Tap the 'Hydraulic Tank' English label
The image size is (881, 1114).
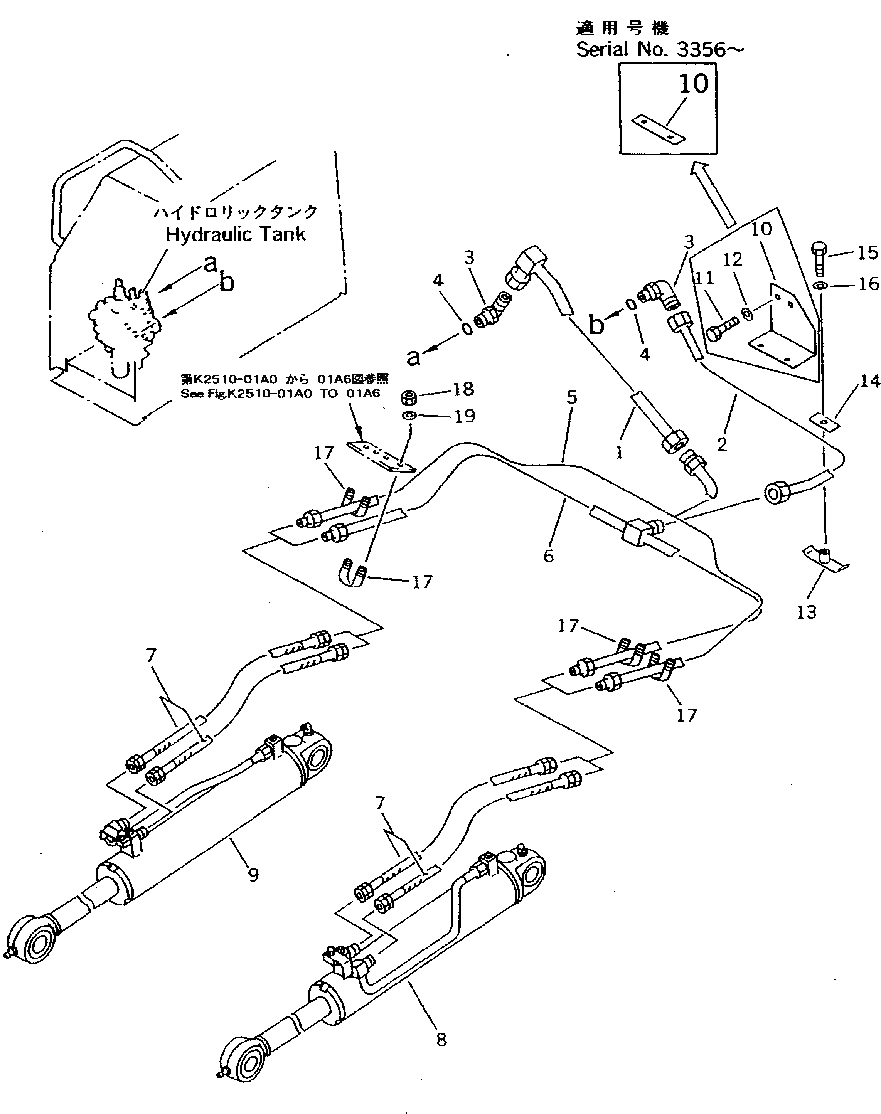(235, 235)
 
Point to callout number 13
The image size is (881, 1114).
(807, 612)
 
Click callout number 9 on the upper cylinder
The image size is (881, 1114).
(253, 875)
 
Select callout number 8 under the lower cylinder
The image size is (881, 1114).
(441, 1040)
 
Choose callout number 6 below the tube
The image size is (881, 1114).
(548, 555)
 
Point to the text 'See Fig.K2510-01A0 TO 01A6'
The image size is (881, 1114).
(280, 394)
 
